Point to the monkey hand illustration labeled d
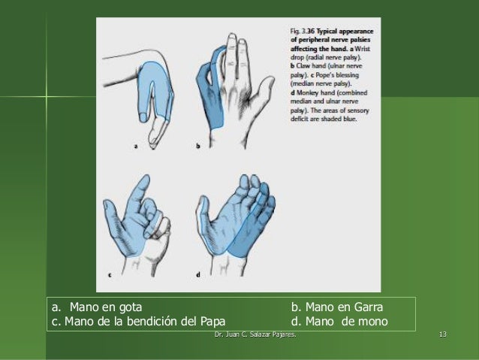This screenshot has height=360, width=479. tap(236, 218)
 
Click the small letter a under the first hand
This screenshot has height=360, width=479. tap(136, 147)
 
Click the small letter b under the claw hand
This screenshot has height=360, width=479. tap(197, 147)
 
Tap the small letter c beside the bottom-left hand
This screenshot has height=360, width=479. tap(110, 275)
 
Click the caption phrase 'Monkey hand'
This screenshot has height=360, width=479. tap(315, 93)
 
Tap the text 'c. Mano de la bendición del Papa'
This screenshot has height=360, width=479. tap(138, 322)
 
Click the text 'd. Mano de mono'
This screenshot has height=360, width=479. tap(339, 322)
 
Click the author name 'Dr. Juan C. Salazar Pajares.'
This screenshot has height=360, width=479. tap(255, 334)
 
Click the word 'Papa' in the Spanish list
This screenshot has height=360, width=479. tap(212, 322)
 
